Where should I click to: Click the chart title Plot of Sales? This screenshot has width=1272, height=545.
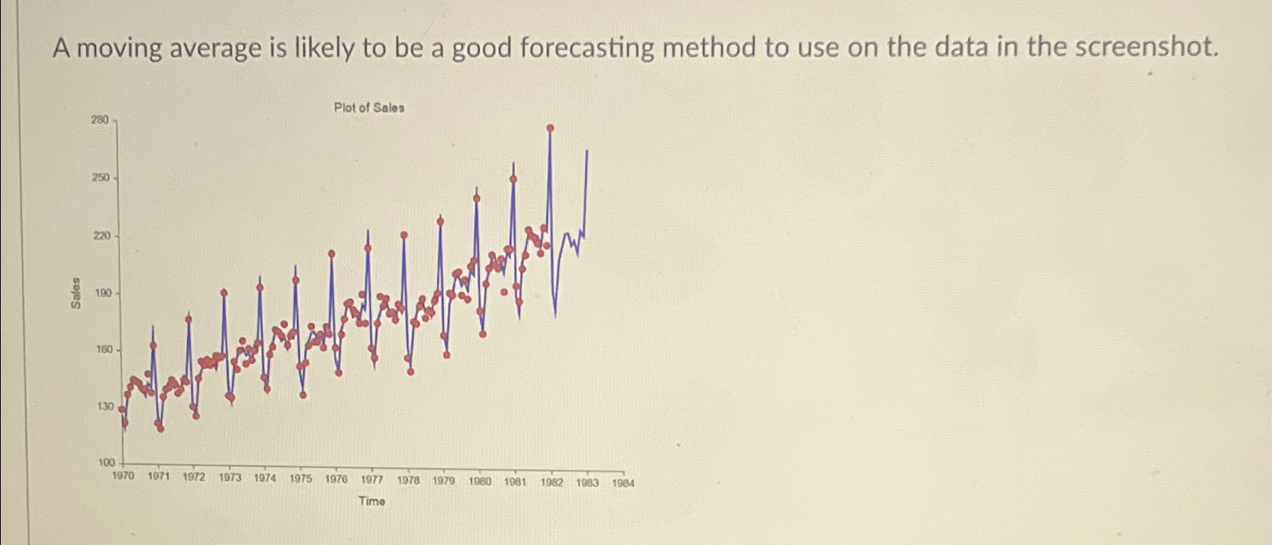click(x=369, y=108)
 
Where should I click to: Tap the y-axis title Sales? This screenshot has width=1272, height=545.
click(x=76, y=293)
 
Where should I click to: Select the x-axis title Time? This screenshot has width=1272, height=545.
click(x=371, y=501)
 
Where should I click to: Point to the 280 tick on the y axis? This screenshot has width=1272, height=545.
click(x=100, y=119)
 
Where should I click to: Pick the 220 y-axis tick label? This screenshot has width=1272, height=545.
click(x=101, y=236)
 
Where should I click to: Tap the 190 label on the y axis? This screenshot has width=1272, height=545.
click(x=101, y=293)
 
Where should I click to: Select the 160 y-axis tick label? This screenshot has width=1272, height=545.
click(x=103, y=349)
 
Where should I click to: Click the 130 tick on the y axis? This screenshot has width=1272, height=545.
click(x=104, y=407)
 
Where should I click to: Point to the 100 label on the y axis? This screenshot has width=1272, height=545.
click(x=105, y=463)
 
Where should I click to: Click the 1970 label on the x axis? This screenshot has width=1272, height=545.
click(x=122, y=477)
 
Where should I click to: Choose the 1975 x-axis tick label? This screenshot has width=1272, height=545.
click(x=301, y=478)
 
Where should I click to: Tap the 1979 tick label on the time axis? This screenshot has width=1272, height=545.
click(x=444, y=481)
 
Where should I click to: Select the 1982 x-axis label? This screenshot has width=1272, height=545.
click(x=552, y=482)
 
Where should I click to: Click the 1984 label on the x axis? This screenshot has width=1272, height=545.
click(x=624, y=483)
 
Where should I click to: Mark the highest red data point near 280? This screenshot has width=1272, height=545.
click(x=550, y=129)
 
